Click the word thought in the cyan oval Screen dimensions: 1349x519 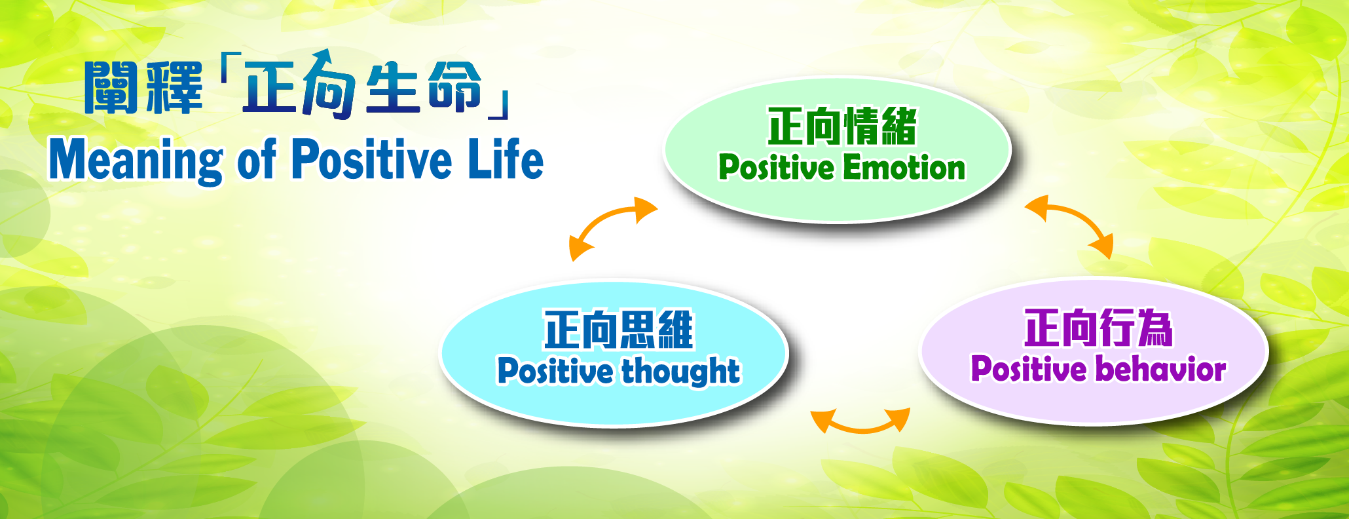[681, 372]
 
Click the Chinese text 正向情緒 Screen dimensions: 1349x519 [842, 126]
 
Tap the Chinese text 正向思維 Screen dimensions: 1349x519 [618, 330]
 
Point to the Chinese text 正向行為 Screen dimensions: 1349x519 [1099, 328]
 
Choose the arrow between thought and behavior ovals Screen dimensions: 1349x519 [860, 426]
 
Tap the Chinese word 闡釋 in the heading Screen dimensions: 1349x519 [144, 88]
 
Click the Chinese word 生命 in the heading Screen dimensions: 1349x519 [424, 86]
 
